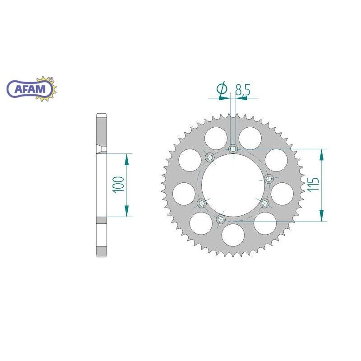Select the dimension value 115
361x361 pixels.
click(315, 185)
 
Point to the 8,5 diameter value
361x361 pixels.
click(242, 90)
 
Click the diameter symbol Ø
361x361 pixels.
click(222, 90)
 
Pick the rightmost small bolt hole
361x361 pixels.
click(269, 178)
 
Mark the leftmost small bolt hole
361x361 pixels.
click(201, 203)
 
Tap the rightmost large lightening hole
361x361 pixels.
click(283, 192)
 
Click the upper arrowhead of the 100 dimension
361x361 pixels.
click(126, 159)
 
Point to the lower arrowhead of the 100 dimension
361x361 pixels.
click(126, 211)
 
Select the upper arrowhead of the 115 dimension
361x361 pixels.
click(321, 155)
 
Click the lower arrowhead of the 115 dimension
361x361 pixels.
click(321, 215)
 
